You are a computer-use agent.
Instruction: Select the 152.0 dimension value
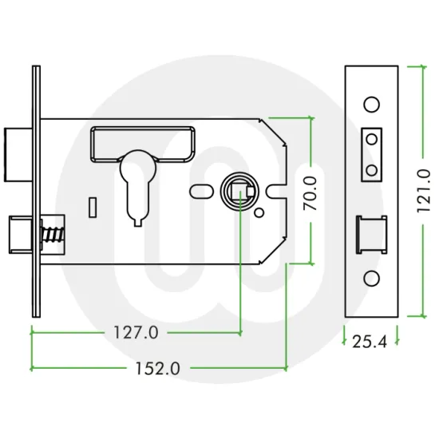[152, 369]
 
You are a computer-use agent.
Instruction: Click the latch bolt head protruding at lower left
[18, 235]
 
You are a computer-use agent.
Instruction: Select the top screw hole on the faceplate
[370, 104]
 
